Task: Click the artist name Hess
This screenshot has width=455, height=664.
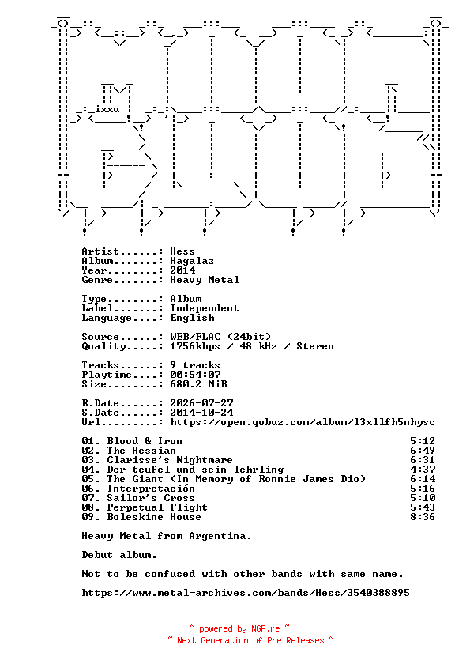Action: pos(182,251)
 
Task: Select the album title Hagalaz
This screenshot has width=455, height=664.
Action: pos(192,261)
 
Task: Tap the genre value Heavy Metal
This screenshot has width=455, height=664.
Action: pos(205,280)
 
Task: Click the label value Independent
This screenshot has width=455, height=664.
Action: pos(205,308)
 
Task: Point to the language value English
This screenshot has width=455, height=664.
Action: pos(192,318)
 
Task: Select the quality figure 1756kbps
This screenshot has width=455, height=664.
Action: pos(195,346)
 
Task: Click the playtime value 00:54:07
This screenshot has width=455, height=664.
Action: pos(195,375)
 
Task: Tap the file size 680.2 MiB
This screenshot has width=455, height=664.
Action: pos(198,384)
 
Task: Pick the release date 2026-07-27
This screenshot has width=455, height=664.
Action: pos(201,403)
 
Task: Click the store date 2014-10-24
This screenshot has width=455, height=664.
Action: pos(201,413)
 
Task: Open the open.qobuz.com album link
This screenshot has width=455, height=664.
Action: pos(303,422)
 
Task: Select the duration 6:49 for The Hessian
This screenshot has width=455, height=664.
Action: pos(423,451)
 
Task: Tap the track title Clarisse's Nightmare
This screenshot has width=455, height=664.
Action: pos(170,460)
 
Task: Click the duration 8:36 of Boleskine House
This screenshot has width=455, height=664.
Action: pos(423,517)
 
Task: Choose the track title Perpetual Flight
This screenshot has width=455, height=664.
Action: pos(157,507)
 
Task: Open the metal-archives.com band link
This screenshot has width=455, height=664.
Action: pos(246,593)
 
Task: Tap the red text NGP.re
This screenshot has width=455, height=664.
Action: pos(265,628)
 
